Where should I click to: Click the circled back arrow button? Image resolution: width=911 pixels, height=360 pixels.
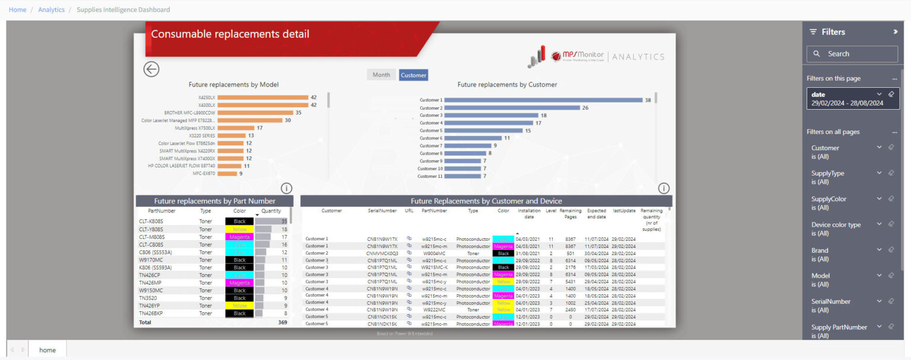point(151,69)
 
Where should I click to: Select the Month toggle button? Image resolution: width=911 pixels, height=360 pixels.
point(381,75)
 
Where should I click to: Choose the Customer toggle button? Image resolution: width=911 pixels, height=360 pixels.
point(413,75)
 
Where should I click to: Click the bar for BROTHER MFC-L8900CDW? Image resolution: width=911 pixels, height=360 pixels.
point(256,113)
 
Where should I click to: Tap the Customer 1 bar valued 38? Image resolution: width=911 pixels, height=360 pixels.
point(543,100)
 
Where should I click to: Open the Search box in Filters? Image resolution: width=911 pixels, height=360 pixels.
point(852,54)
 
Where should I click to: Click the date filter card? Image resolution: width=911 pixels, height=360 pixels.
point(852,98)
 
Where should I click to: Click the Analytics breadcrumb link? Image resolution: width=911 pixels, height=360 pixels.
point(52,9)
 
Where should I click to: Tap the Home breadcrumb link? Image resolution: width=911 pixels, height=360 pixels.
point(17,9)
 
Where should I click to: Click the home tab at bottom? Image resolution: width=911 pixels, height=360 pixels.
point(47,350)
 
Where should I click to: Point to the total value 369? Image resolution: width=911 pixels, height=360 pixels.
point(282,323)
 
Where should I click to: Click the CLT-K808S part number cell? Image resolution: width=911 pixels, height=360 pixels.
point(151,221)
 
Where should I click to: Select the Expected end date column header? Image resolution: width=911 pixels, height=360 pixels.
point(596,214)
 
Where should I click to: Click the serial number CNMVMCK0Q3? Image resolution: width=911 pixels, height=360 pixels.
point(382,253)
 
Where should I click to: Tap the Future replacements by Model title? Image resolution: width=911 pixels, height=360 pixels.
point(234,85)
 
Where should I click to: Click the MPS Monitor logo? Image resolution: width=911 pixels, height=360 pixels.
point(576,56)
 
